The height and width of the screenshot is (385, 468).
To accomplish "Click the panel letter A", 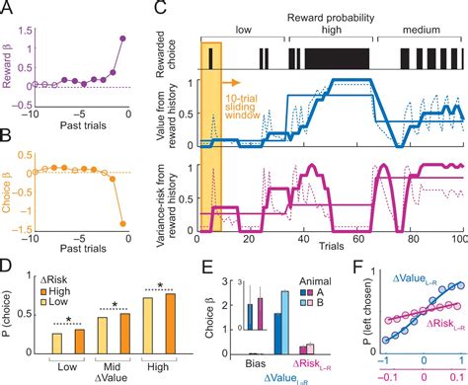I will pyautogui.click(x=8, y=9).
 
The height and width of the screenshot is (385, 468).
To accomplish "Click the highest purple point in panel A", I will pyautogui.click(x=123, y=38).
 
